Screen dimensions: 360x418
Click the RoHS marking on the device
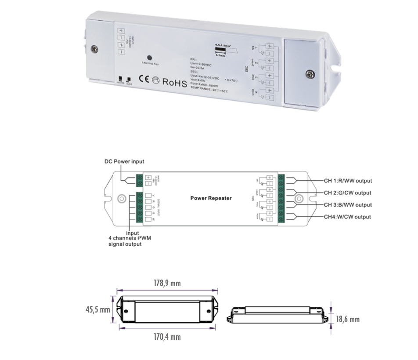175,81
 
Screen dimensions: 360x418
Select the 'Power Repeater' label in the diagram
211,198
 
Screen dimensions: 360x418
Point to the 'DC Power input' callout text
124,162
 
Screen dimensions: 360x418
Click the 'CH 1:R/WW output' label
348,181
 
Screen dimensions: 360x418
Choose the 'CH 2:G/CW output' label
348,193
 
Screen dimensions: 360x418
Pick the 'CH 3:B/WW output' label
348,205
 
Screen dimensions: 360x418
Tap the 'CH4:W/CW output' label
347,217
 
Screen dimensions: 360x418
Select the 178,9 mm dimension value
167,283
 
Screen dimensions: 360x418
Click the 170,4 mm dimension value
167,337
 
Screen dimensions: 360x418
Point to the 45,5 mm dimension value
97,309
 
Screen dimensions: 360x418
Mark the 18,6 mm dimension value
348,319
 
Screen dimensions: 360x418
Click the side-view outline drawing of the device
278,315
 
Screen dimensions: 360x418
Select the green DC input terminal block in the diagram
140,180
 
